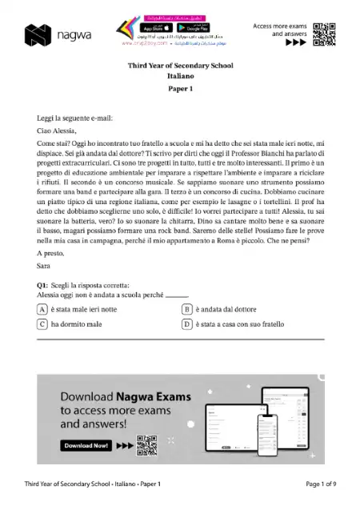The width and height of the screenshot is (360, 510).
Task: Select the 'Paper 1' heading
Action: point(180,90)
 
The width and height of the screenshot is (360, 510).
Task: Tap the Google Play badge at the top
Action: point(184,28)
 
